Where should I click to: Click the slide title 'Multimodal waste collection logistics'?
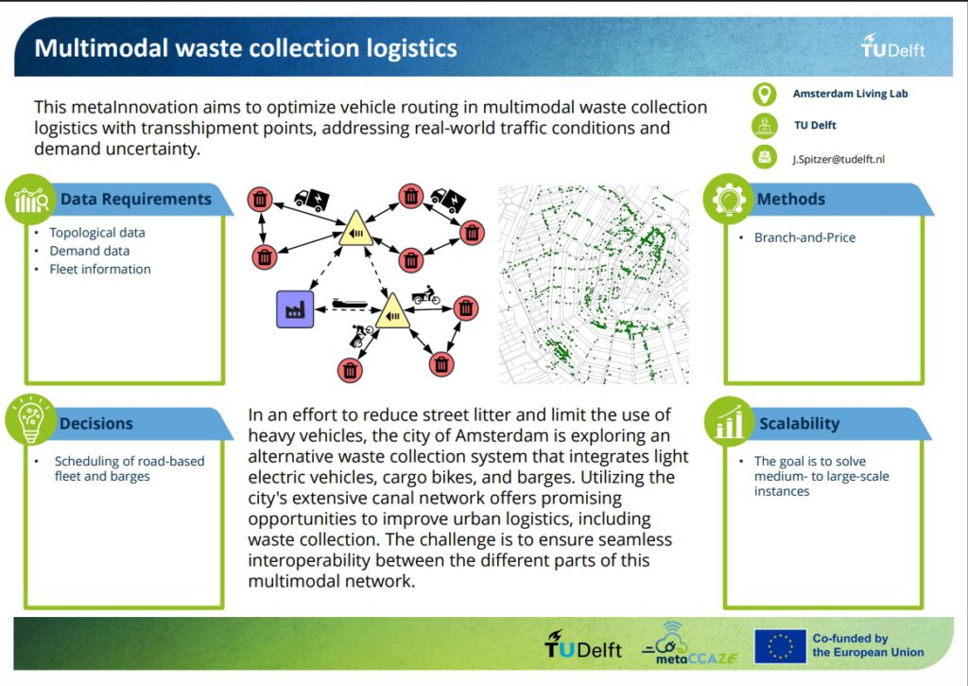pos(246,48)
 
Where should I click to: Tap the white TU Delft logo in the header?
pos(892,46)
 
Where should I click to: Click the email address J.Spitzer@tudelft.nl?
pos(838,159)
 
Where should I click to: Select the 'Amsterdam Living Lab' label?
pos(850,94)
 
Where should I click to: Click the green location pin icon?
pos(764,94)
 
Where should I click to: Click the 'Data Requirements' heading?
pos(136,199)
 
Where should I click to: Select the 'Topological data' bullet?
pos(97,233)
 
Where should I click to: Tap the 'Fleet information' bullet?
pos(100,269)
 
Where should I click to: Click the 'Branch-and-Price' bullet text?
pos(804,237)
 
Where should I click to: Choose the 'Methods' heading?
pos(791,199)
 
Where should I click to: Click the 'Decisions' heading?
pos(96,423)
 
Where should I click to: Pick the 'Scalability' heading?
pos(800,423)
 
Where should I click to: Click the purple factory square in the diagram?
pos(295,309)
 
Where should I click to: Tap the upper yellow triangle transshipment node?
pos(355,230)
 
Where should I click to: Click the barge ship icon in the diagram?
pos(350,304)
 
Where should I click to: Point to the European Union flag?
pos(780,646)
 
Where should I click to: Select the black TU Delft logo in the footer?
pos(582,644)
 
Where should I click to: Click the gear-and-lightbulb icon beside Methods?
pos(729,199)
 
